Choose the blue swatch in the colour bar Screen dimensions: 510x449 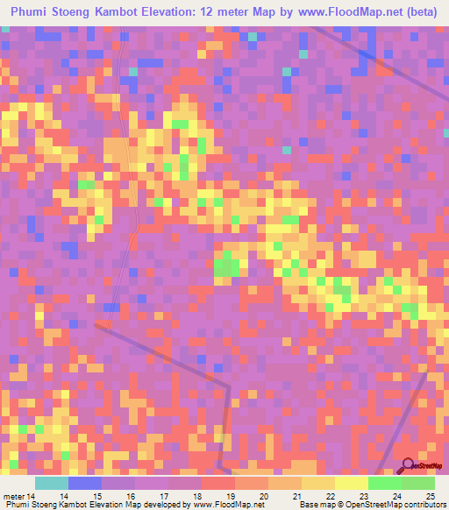[x=84, y=483]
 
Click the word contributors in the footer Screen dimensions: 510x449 [x=423, y=505]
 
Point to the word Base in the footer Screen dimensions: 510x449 [x=306, y=505]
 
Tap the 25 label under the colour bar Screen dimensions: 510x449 [x=429, y=496]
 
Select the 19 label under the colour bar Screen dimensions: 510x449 [x=230, y=496]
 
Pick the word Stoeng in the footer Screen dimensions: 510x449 [x=45, y=505]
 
